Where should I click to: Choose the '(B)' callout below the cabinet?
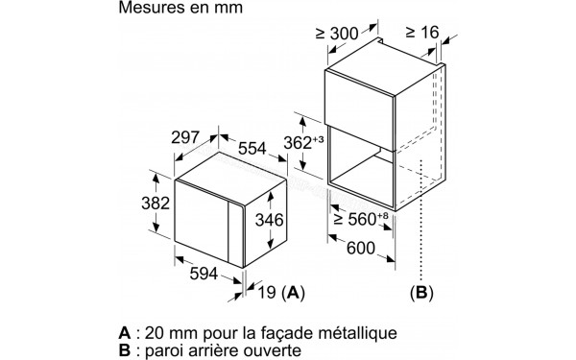421,291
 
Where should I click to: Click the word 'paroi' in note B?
162,351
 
